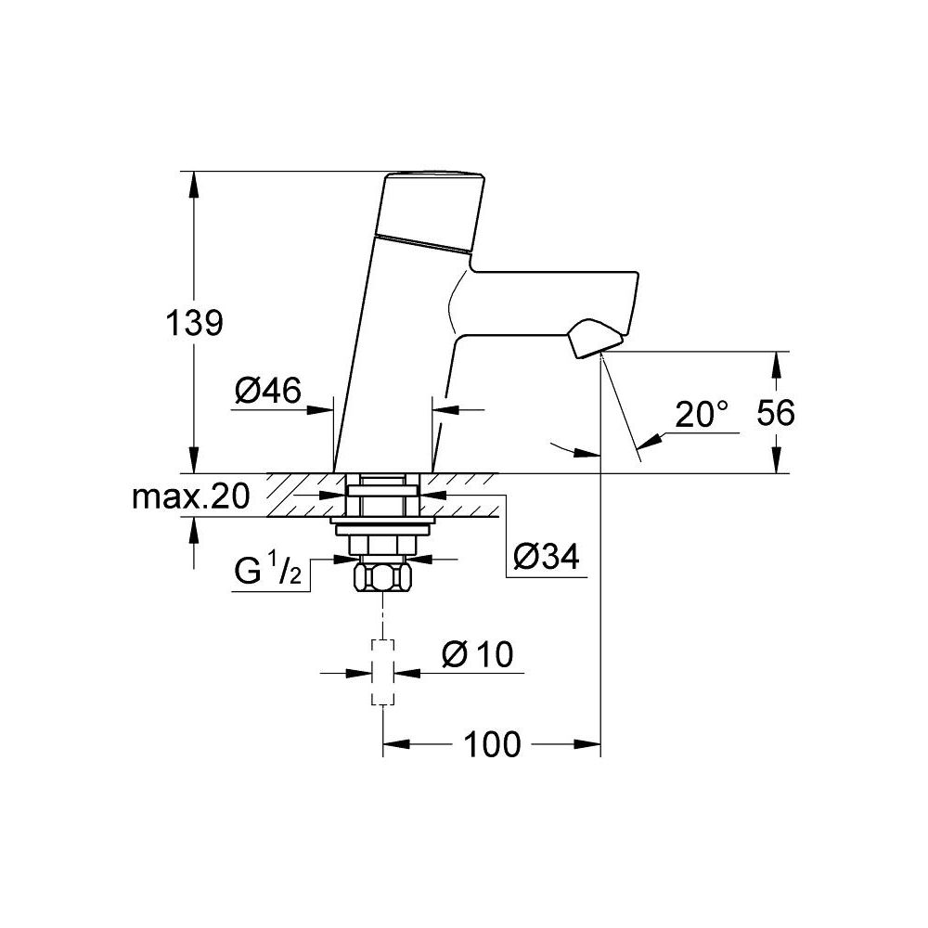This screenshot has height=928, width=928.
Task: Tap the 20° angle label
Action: point(702,414)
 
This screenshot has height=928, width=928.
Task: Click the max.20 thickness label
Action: point(190,497)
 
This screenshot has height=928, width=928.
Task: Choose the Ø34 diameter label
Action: point(547,558)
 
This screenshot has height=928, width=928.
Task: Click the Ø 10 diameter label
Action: point(478,654)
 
